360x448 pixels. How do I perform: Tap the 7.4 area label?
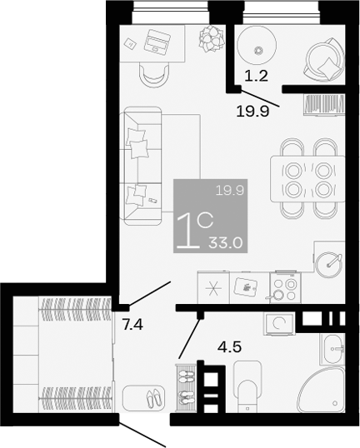tap(132, 324)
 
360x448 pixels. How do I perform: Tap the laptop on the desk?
tap(155, 39)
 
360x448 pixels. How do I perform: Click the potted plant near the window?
tap(210, 37)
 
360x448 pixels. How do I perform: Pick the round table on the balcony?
tap(257, 49)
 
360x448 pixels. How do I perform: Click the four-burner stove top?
tap(284, 289)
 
